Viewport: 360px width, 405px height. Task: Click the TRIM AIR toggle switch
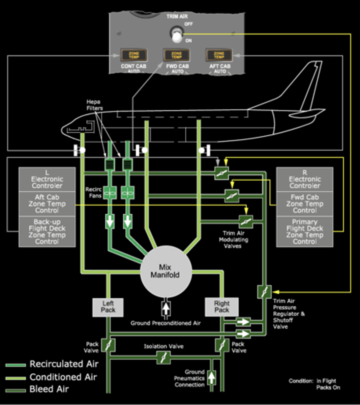(x=176, y=35)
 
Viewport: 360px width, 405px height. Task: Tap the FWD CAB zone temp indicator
(x=177, y=55)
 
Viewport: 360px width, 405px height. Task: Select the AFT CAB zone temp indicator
(x=219, y=55)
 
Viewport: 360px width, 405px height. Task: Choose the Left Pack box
(x=108, y=307)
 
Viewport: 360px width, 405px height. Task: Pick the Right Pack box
(x=221, y=307)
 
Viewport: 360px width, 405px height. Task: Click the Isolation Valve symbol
(x=163, y=357)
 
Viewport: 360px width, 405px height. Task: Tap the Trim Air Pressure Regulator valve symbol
(x=264, y=292)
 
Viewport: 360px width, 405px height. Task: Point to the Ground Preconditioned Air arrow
(x=166, y=308)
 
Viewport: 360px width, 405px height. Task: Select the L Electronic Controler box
(x=47, y=179)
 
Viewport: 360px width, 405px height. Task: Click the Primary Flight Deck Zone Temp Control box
(x=305, y=232)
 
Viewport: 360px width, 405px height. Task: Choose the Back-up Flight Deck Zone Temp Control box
(x=47, y=232)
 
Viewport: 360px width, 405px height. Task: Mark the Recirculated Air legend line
(x=16, y=365)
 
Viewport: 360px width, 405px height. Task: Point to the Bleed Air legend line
(x=16, y=390)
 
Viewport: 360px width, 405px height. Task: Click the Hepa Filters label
(x=94, y=105)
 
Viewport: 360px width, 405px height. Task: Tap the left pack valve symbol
(x=108, y=345)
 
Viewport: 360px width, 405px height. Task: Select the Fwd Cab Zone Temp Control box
(x=305, y=204)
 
